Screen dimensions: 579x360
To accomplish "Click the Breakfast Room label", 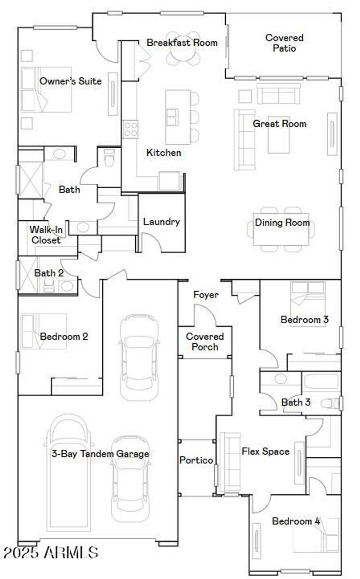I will [182, 43].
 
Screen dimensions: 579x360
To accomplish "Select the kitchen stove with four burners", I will [130, 129].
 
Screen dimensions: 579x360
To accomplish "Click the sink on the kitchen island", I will [172, 117].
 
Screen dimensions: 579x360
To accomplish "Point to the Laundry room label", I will [161, 222].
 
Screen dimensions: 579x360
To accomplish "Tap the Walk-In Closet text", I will [46, 235].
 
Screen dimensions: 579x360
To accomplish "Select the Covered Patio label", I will [284, 43].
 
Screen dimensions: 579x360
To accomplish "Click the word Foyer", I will [206, 295].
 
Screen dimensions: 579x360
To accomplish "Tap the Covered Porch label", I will [205, 341].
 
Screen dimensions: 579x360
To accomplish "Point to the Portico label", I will [196, 460].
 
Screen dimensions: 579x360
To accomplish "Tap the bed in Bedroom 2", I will [44, 331].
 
